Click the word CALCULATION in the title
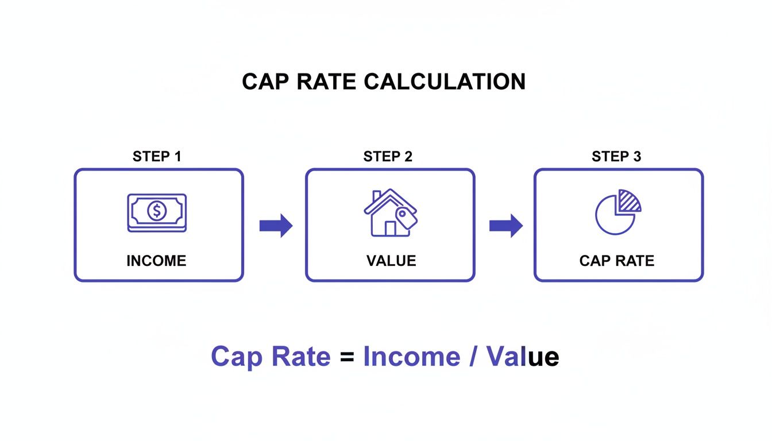pyautogui.click(x=445, y=82)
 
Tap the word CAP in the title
pyautogui.click(x=264, y=82)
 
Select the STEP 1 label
pyautogui.click(x=157, y=156)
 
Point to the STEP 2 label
pyautogui.click(x=388, y=156)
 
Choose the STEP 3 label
pyautogui.click(x=616, y=156)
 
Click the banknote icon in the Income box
pyautogui.click(x=157, y=212)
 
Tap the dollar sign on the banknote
pyautogui.click(x=156, y=211)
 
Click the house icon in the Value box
pyautogui.click(x=386, y=214)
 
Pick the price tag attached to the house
pyautogui.click(x=407, y=218)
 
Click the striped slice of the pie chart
pyautogui.click(x=627, y=202)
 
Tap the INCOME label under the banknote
pyautogui.click(x=156, y=261)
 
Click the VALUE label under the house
pyautogui.click(x=391, y=261)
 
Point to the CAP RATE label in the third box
pyautogui.click(x=616, y=261)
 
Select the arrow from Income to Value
pyautogui.click(x=276, y=226)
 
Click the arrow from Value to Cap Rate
pyautogui.click(x=505, y=226)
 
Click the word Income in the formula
pyautogui.click(x=411, y=357)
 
